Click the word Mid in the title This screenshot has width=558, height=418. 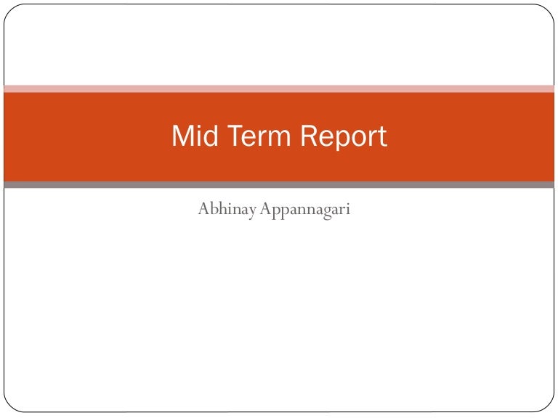click(x=193, y=136)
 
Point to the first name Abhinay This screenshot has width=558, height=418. click(x=226, y=211)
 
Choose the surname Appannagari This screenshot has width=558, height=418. click(x=305, y=211)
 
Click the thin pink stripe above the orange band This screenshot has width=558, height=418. click(x=279, y=89)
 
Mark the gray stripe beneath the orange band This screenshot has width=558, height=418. click(x=279, y=185)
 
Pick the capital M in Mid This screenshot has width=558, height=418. click(x=182, y=136)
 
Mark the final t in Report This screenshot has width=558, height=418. click(x=382, y=136)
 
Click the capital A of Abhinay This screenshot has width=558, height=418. click(x=203, y=210)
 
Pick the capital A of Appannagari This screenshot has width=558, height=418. click(x=264, y=210)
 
